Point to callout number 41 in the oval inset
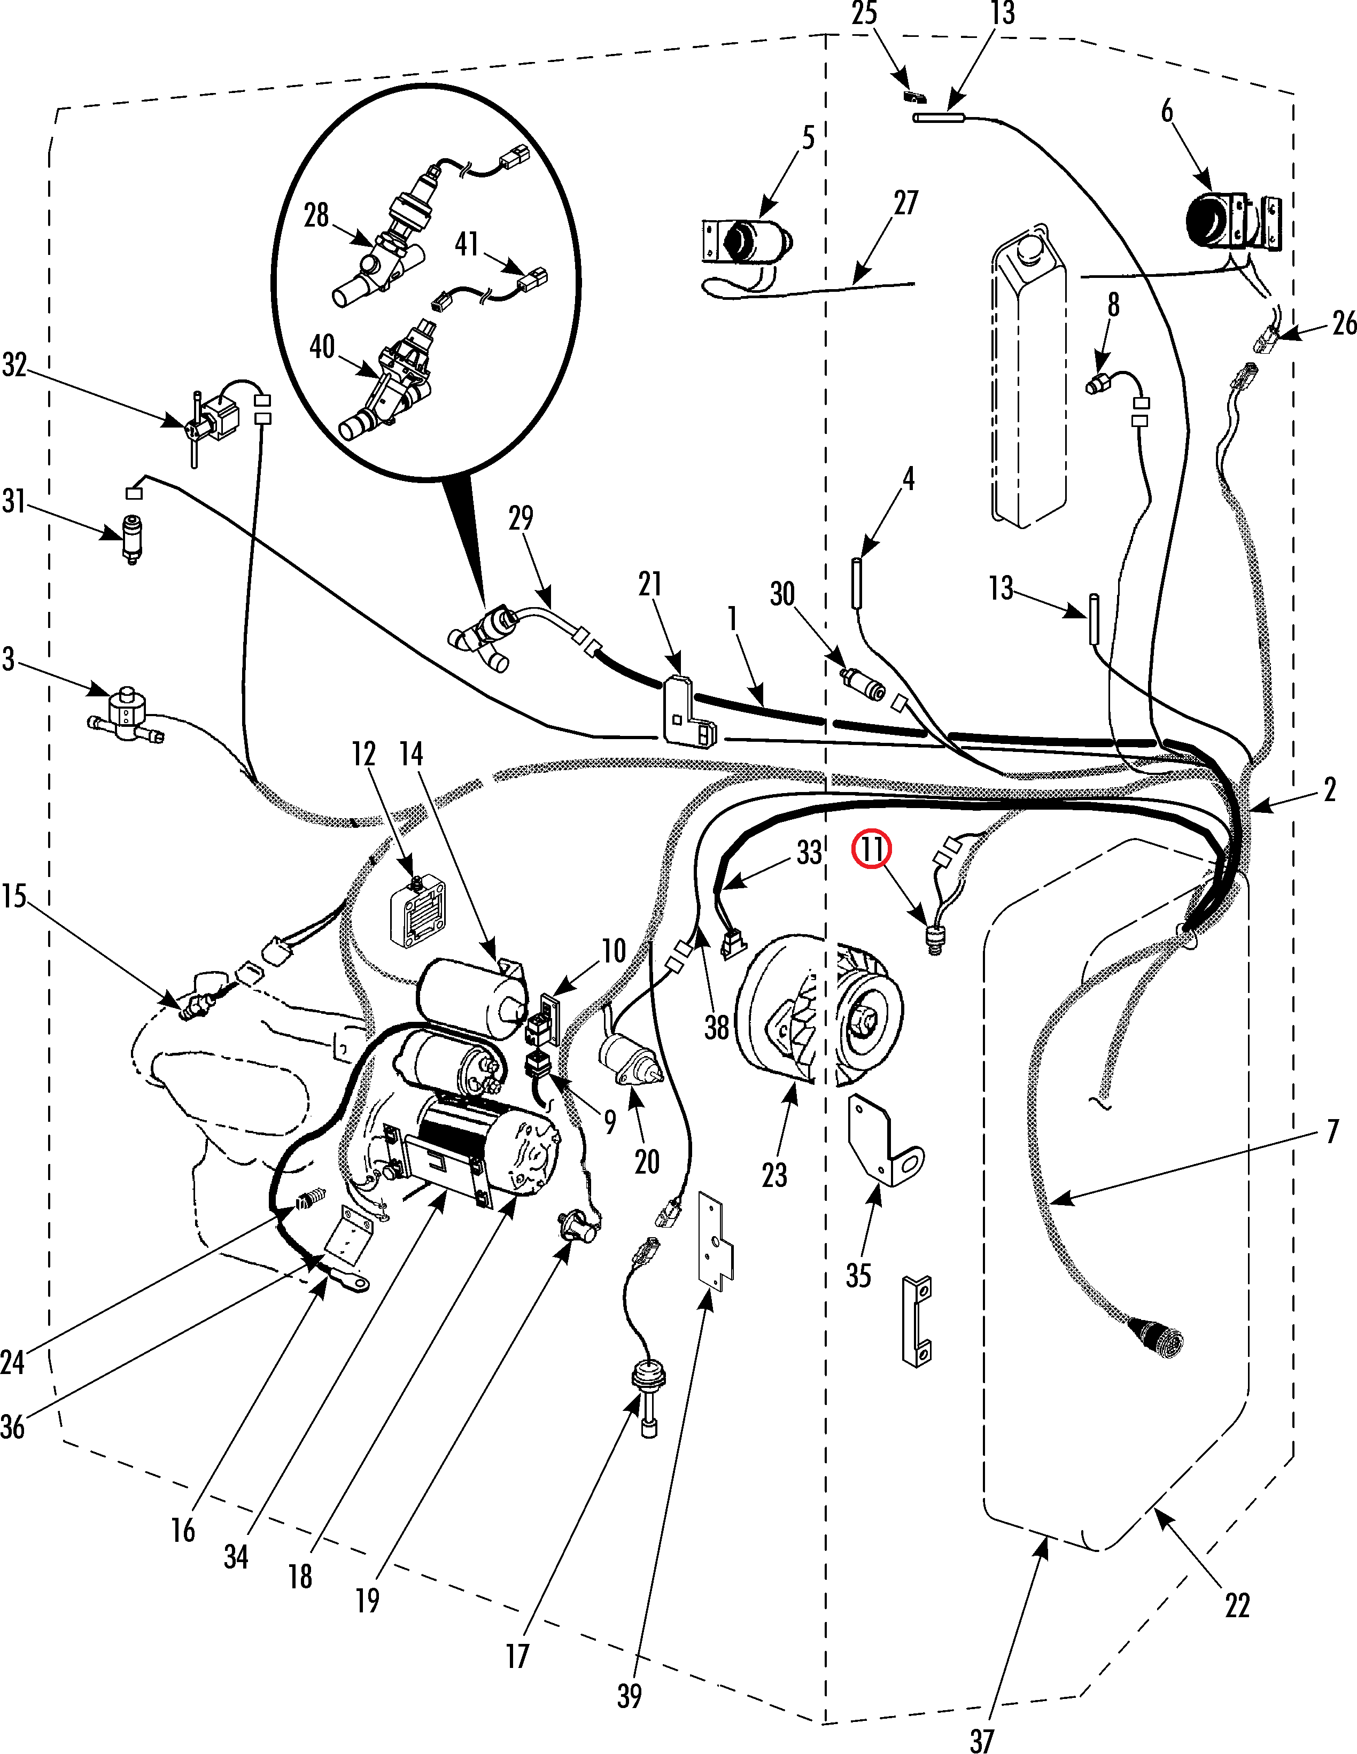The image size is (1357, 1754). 467,243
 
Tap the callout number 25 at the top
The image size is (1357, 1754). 864,13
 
